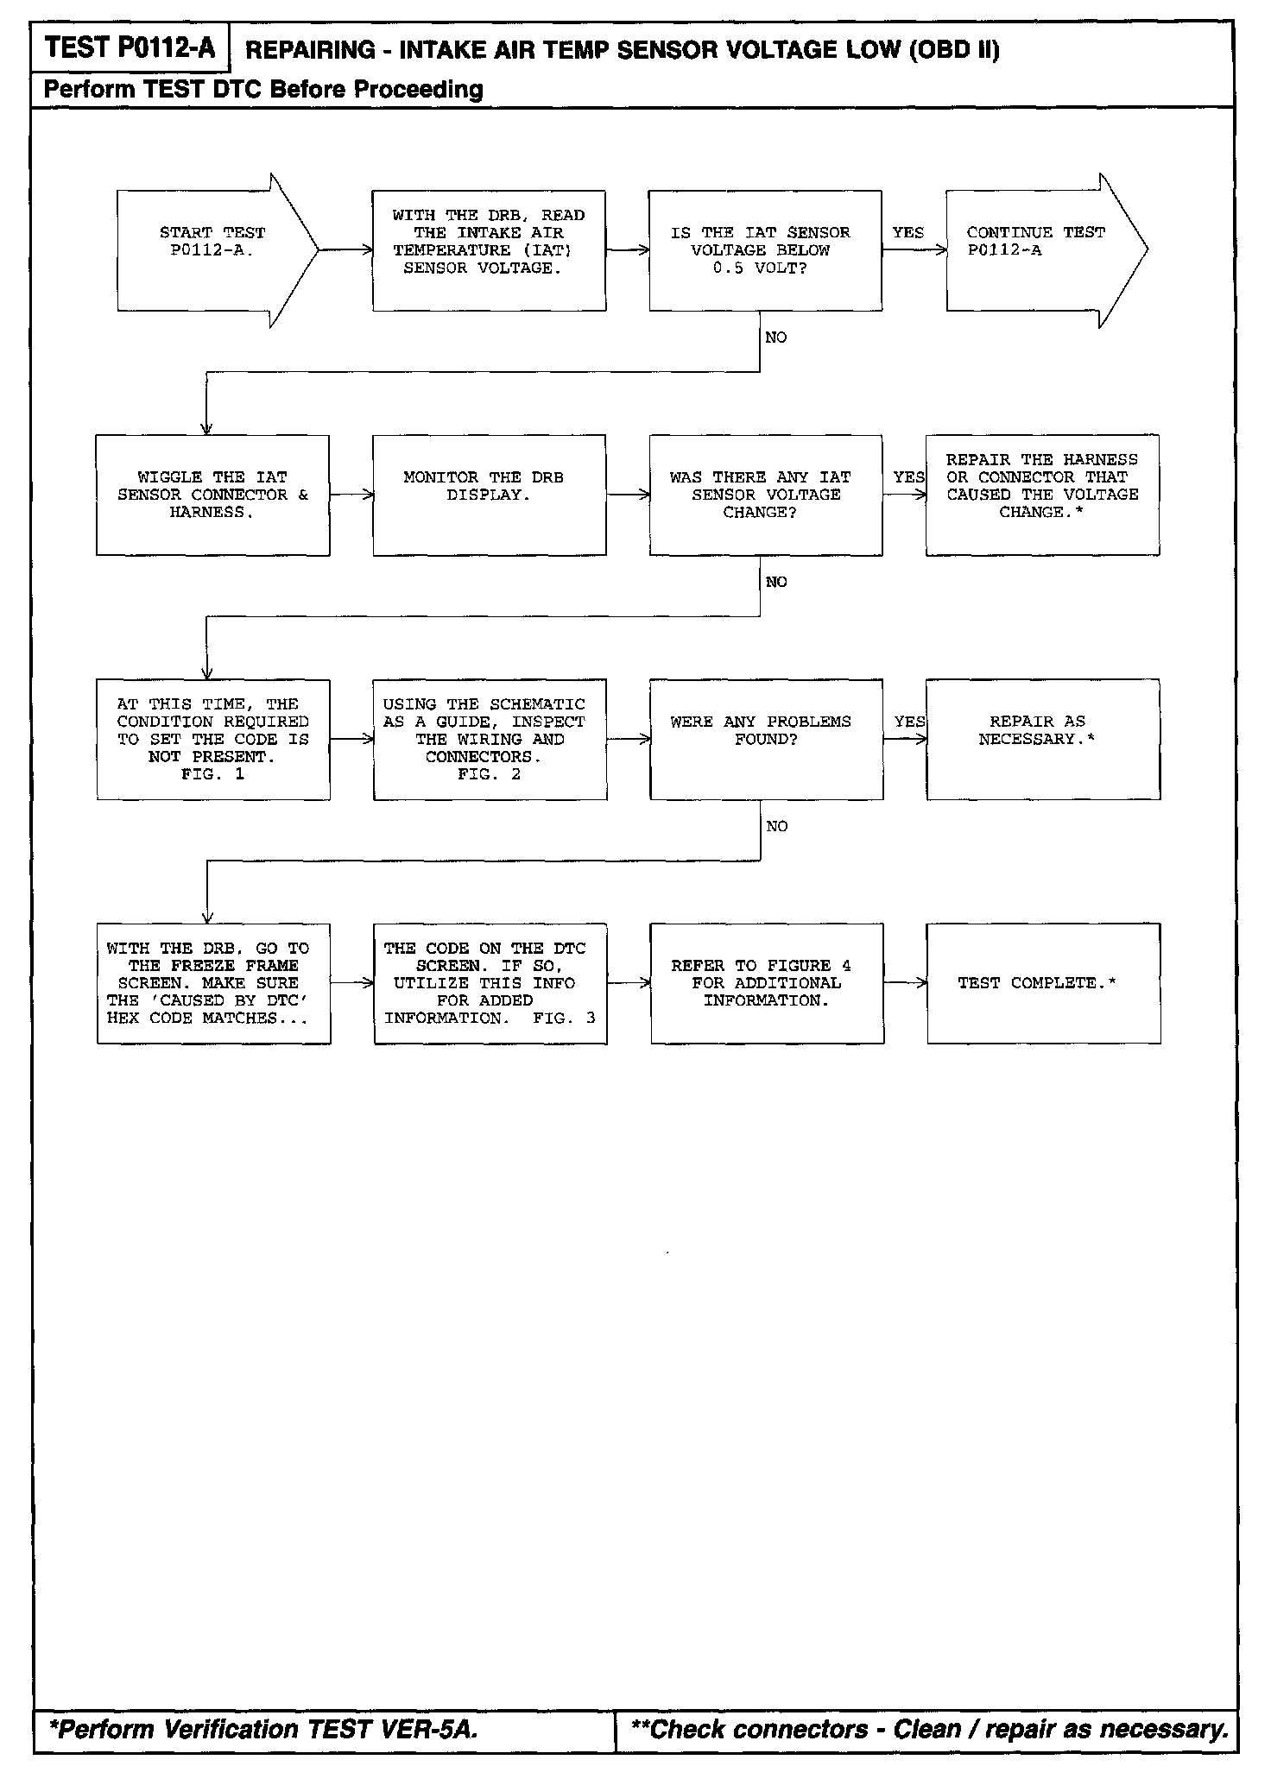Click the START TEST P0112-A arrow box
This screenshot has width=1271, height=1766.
click(212, 250)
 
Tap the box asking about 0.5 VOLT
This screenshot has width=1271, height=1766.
click(765, 250)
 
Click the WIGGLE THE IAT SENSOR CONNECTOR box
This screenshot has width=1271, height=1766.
click(212, 495)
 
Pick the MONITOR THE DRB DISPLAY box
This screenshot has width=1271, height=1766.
click(489, 495)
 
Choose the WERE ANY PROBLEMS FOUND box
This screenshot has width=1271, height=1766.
click(766, 739)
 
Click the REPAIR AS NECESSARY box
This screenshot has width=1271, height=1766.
click(1042, 739)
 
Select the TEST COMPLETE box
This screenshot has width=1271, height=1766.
click(1043, 983)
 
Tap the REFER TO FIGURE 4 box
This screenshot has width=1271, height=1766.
click(767, 983)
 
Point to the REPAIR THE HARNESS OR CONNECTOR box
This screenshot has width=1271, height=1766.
click(1042, 495)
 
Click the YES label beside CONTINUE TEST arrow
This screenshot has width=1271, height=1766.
click(908, 233)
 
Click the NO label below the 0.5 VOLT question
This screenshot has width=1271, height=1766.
click(776, 337)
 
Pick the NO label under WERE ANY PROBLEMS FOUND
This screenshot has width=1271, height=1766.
click(777, 826)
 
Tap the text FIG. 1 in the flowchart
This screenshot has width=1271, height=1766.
click(212, 774)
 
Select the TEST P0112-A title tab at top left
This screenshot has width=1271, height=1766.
click(130, 47)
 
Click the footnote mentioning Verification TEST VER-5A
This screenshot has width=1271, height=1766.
click(264, 1729)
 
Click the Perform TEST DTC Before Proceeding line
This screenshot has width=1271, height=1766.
click(263, 89)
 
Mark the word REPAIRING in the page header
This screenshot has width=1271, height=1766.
click(310, 50)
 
